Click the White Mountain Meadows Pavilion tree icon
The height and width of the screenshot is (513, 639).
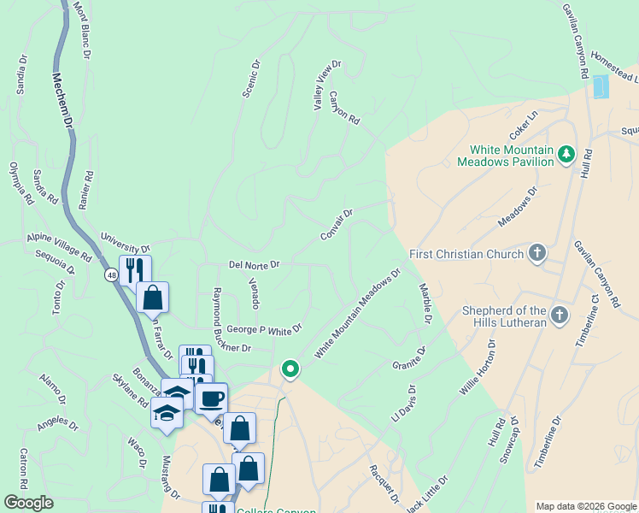566,154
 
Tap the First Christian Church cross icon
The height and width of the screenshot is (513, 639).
536,252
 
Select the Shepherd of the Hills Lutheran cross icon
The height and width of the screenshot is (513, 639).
559,315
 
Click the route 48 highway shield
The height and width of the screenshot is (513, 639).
112,275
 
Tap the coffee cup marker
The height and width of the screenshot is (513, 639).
211,398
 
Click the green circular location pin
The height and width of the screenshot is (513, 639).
290,369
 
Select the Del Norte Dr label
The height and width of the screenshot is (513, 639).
255,265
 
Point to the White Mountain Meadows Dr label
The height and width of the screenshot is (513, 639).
357,314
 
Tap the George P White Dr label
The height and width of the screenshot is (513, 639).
265,328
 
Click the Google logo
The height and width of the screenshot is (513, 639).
29,503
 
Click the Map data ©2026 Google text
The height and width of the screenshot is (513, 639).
586,506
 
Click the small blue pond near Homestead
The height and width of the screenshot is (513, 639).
601,86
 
